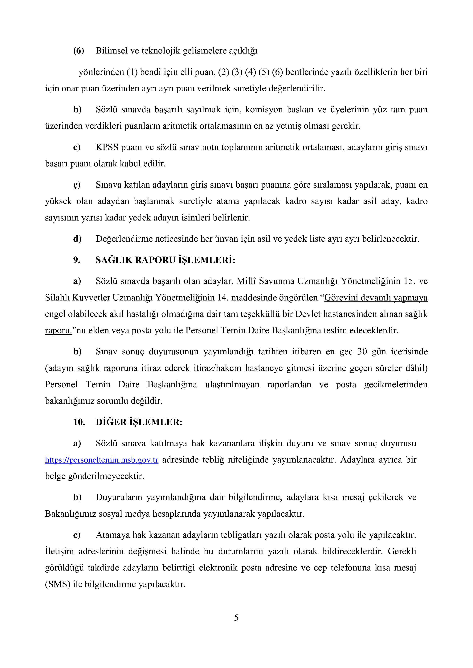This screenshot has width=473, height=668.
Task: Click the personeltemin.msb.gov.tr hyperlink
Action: click(102, 460)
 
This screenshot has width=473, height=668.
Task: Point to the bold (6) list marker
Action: click(78, 51)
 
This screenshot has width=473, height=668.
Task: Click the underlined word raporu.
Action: click(58, 331)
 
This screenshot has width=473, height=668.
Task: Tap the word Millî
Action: click(246, 281)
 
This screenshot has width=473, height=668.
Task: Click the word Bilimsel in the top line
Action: click(112, 51)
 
